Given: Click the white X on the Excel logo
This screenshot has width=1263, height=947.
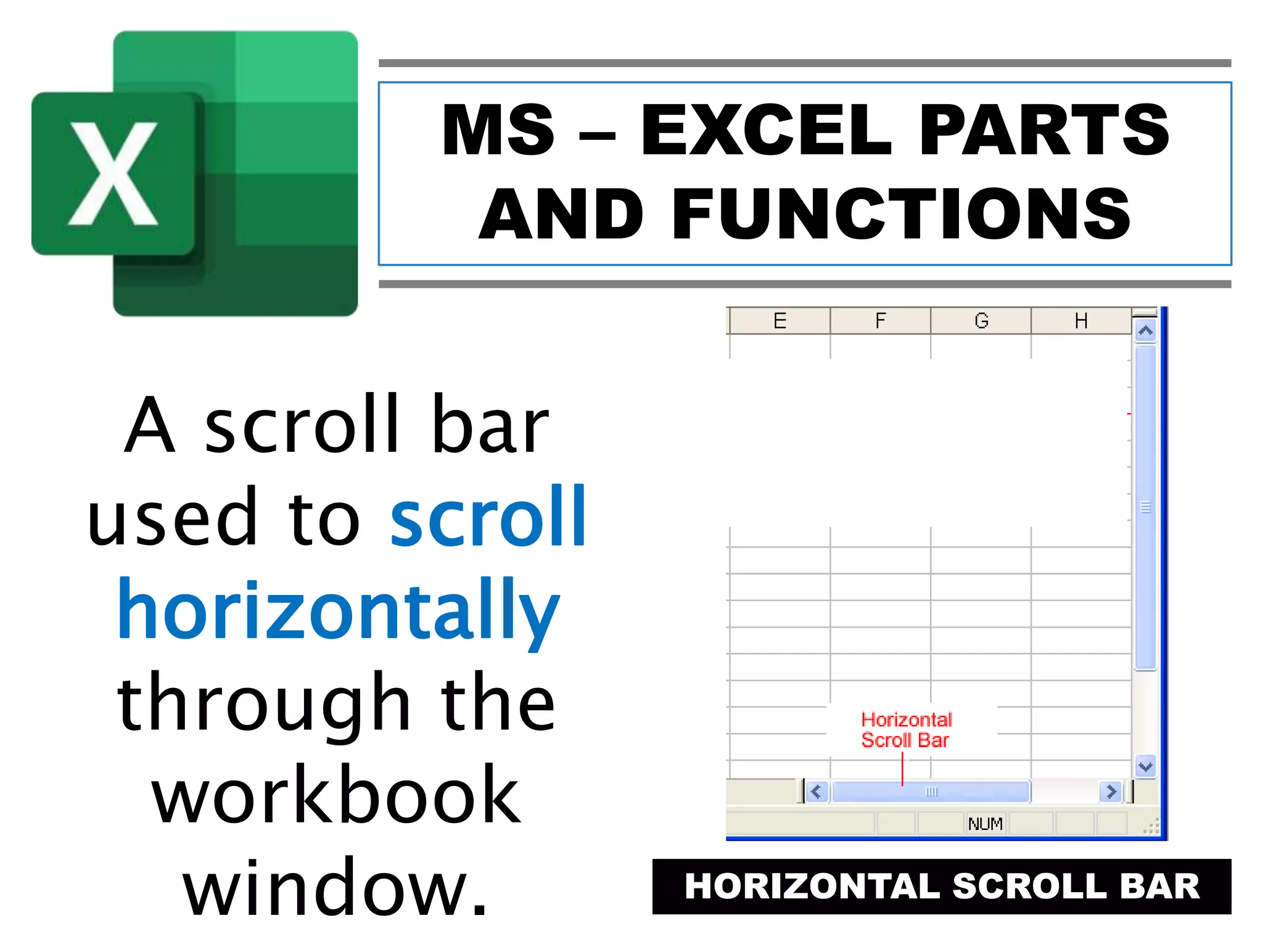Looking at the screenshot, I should (x=113, y=174).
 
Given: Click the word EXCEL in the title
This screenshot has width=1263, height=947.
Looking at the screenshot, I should (x=766, y=130).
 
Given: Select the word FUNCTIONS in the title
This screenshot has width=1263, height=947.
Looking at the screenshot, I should (x=900, y=214).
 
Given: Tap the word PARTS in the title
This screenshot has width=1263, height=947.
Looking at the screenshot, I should (x=1043, y=130).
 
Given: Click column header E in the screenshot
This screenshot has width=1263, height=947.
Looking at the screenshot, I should (x=780, y=321).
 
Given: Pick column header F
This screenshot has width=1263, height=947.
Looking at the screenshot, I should (x=880, y=321).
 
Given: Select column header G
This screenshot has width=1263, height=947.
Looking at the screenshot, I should (x=981, y=321).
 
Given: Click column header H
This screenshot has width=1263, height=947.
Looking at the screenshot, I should (x=1080, y=321).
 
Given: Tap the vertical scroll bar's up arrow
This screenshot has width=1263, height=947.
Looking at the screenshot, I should (x=1145, y=331).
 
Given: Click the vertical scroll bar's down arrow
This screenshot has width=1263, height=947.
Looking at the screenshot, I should (x=1145, y=767).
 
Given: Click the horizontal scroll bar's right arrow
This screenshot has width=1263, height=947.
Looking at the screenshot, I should (x=1111, y=792).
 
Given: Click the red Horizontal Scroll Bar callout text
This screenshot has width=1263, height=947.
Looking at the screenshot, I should (x=905, y=730).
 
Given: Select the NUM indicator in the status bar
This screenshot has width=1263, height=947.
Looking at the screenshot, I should (x=985, y=824).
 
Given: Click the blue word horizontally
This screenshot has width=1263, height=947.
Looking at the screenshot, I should (x=338, y=610).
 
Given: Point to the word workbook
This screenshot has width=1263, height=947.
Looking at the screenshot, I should (x=336, y=795).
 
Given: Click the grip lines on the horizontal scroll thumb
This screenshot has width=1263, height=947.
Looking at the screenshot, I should (x=931, y=792).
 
